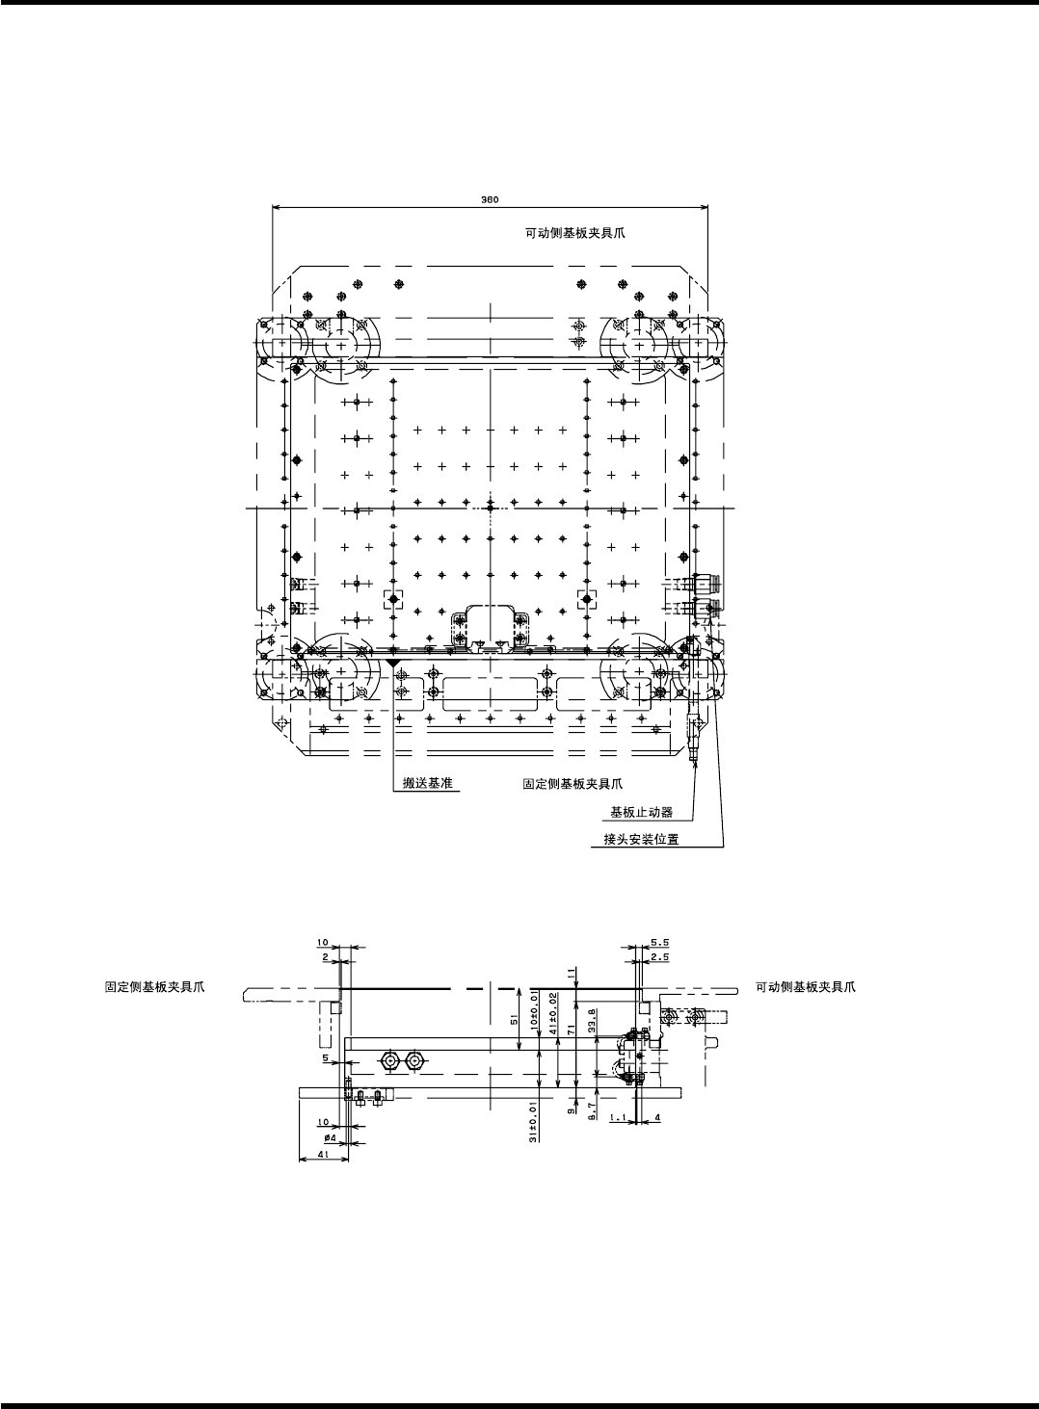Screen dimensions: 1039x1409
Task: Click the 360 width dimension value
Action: tap(489, 200)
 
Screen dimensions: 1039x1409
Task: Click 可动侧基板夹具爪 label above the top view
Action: tap(574, 234)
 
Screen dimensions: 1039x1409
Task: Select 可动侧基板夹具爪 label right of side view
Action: tap(805, 987)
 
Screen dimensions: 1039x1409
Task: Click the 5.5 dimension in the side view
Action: tap(660, 943)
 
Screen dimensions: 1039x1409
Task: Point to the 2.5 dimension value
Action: tap(660, 957)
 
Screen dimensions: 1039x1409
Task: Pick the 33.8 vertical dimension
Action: tap(591, 1019)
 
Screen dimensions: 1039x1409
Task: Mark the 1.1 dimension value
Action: tap(619, 1118)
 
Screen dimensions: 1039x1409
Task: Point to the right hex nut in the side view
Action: tap(414, 1060)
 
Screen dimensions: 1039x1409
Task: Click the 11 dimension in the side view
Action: tap(575, 974)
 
